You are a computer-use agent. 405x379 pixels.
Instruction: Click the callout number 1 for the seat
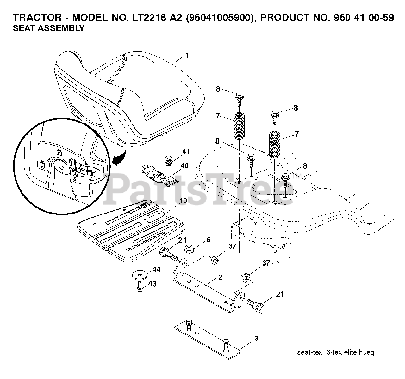coord(187,56)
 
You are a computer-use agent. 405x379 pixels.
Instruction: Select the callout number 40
coord(184,165)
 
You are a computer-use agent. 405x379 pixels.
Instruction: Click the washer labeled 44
coord(139,274)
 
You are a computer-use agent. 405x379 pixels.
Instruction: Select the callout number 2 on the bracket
coord(220,277)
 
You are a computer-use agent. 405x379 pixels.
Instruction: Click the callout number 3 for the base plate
coord(256,338)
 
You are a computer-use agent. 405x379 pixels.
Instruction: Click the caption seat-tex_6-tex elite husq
coord(335,352)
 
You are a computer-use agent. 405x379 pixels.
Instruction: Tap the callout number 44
coord(156,269)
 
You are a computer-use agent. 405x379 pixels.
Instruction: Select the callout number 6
coord(208,240)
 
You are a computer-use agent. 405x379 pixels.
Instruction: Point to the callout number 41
coord(186,152)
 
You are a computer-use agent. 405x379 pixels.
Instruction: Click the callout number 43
coord(152,284)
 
